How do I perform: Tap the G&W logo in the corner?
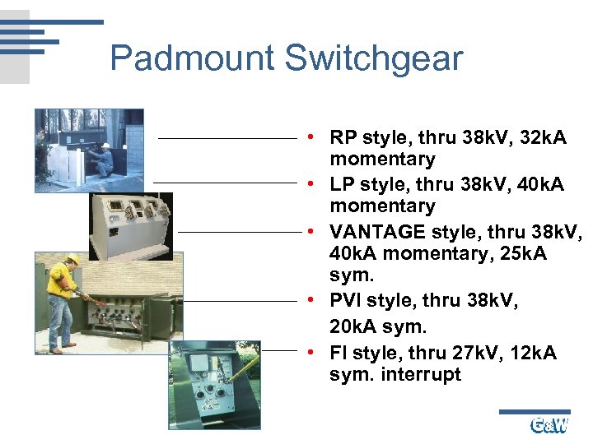click(x=549, y=425)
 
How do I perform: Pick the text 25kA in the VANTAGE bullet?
click(x=519, y=254)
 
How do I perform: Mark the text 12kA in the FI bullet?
click(x=533, y=353)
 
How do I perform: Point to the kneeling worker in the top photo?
click(x=103, y=158)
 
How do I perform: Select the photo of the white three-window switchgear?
click(x=131, y=226)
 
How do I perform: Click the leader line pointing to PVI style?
click(x=239, y=301)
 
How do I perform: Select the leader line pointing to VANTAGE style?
click(x=239, y=232)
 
